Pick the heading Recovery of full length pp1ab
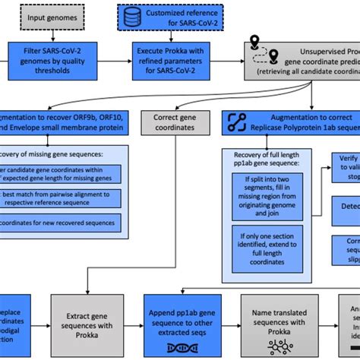click(x=270, y=160)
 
